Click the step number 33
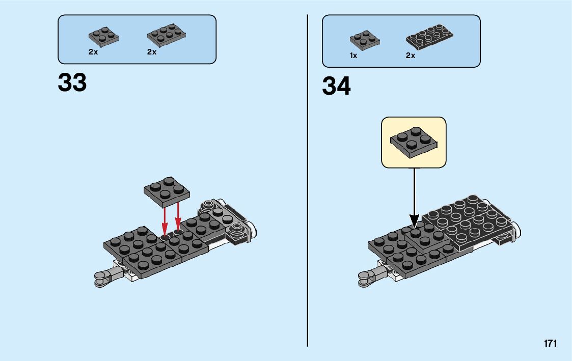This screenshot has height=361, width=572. tap(72, 82)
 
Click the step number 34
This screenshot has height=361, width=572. tap(336, 87)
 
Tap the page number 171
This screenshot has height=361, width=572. tap(550, 344)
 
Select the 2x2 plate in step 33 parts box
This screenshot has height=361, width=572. tap(103, 36)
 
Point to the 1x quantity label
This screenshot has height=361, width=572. tap(353, 56)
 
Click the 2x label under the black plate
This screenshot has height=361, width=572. tap(411, 56)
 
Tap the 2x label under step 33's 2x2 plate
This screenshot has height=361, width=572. tap(93, 52)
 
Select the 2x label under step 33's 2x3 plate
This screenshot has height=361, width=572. tap(152, 52)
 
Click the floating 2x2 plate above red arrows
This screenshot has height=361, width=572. tap(167, 191)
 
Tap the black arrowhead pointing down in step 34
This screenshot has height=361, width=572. tap(415, 220)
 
